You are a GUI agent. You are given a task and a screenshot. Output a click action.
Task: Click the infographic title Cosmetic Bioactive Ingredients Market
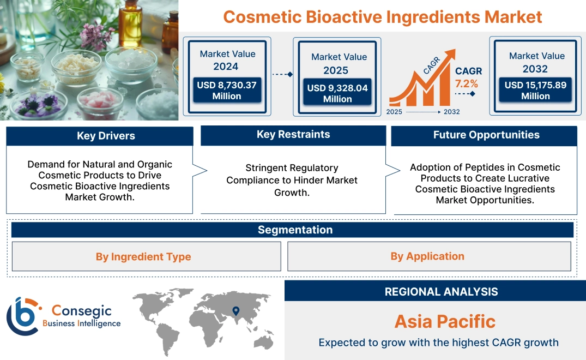point(383,17)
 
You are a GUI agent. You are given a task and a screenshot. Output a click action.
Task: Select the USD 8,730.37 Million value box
point(227,91)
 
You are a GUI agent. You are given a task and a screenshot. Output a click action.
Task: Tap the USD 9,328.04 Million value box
point(337,93)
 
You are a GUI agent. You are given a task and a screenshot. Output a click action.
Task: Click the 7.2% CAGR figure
point(466,84)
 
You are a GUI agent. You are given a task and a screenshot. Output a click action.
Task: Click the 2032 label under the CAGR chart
point(451,112)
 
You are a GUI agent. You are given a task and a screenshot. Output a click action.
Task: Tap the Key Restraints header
point(293,135)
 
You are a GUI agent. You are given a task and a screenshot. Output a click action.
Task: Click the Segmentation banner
point(295,230)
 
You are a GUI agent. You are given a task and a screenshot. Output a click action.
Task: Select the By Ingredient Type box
point(143,257)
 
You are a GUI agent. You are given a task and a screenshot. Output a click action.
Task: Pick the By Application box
point(427,256)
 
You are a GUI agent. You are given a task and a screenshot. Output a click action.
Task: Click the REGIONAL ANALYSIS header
point(441,292)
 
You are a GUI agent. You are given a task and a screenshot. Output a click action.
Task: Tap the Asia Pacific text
point(445,321)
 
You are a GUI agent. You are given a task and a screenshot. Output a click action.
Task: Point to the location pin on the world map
point(235,311)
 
